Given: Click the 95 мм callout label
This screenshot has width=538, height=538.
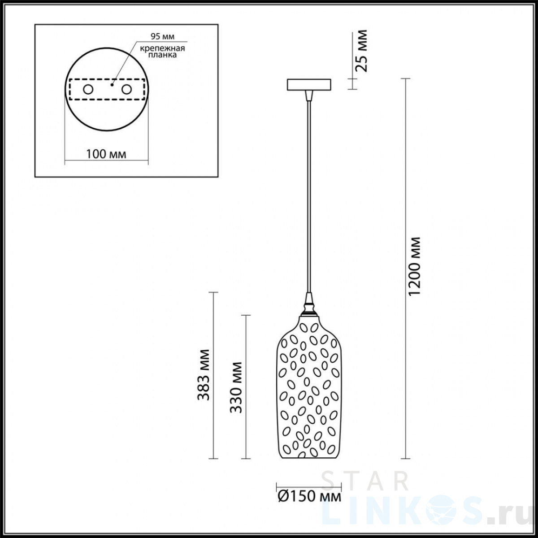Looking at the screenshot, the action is (x=162, y=36).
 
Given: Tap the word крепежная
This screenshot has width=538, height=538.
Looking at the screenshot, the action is (x=162, y=48).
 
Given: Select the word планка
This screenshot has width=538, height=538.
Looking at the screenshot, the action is (x=162, y=55).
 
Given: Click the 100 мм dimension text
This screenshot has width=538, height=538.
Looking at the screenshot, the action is (x=106, y=154).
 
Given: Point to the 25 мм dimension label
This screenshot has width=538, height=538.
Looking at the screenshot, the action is (x=362, y=51).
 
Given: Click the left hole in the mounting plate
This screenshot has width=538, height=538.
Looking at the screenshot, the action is (x=88, y=90).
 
